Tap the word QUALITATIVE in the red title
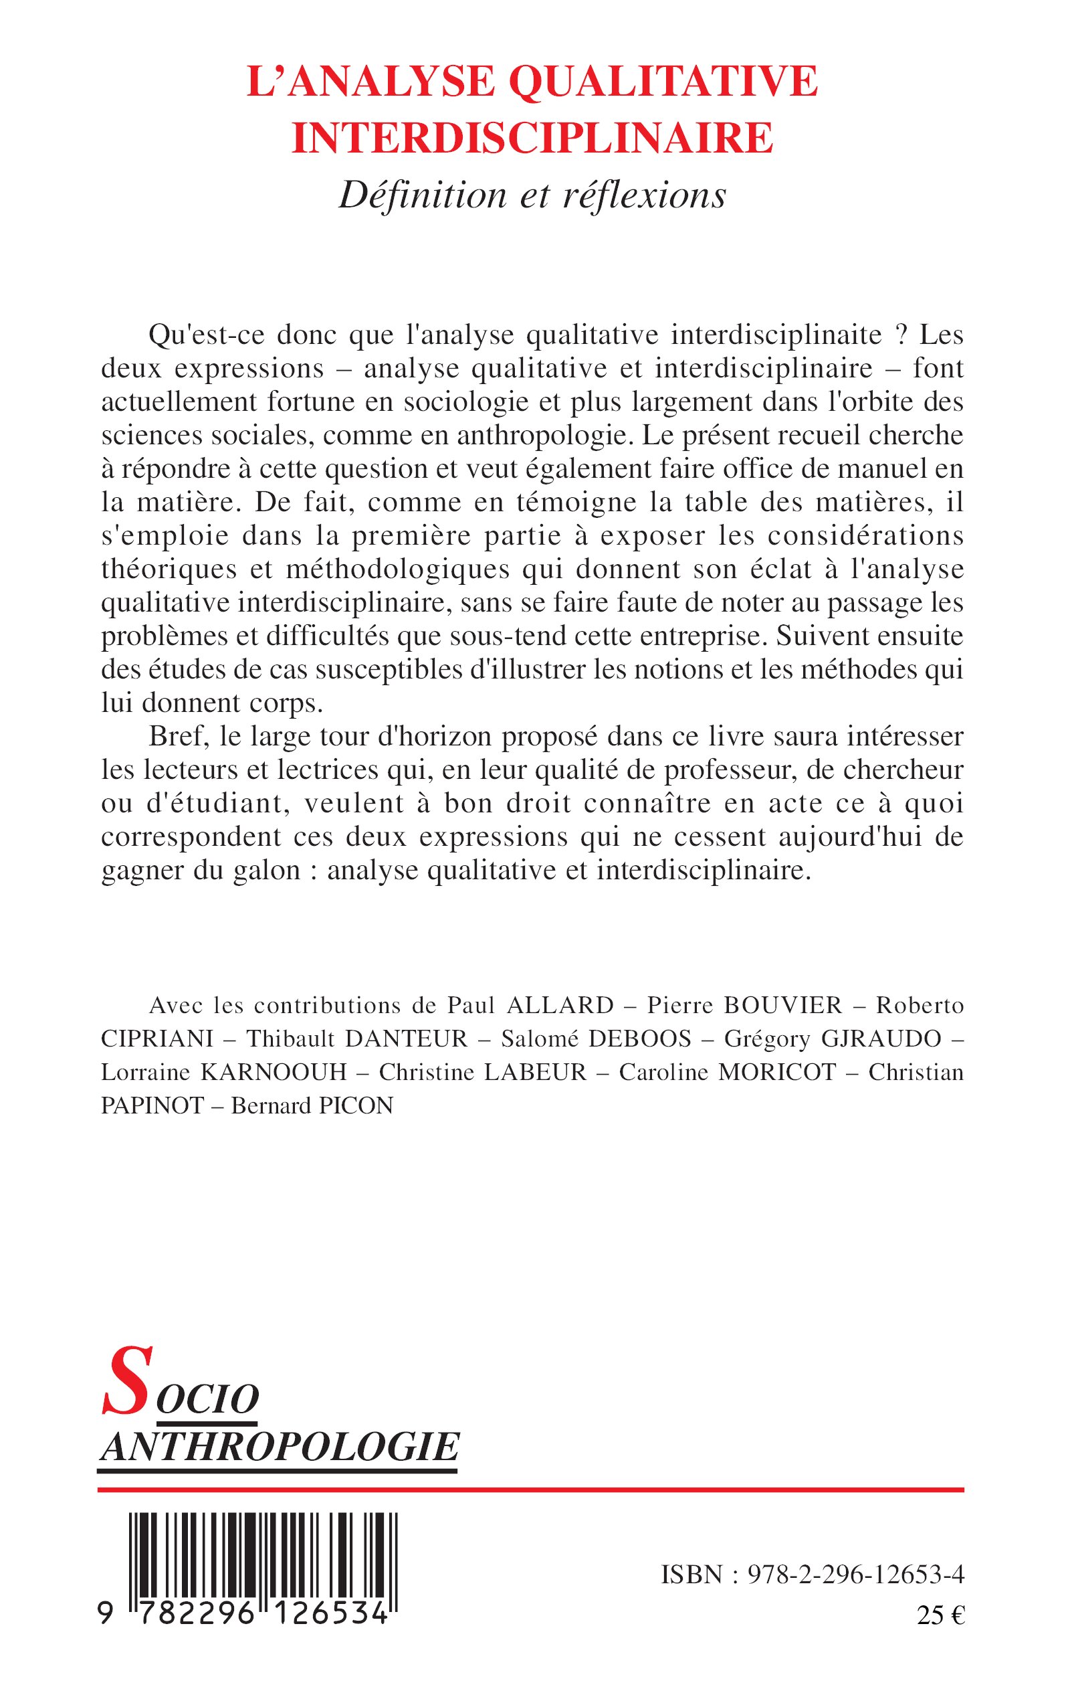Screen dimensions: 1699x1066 click(x=663, y=81)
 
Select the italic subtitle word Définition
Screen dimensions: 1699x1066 click(x=422, y=195)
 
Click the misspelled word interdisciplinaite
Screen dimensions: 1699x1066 click(x=776, y=335)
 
